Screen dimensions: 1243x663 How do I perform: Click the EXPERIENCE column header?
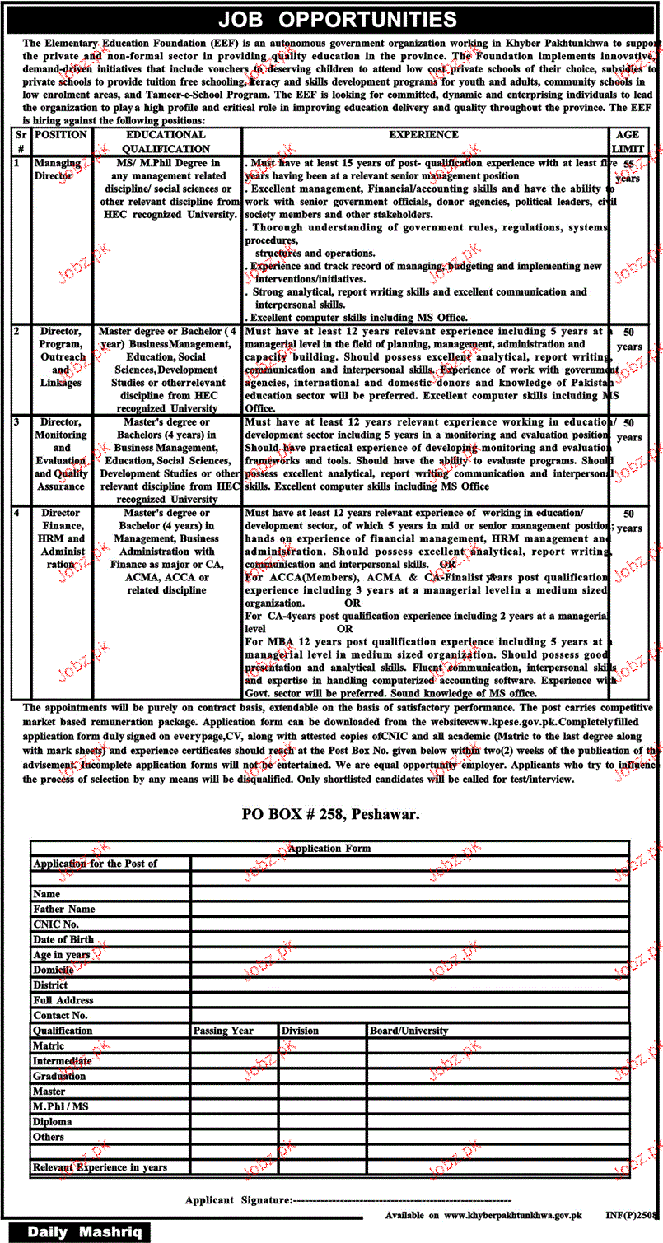(426, 135)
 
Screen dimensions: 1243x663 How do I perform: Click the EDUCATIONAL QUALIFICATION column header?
(166, 142)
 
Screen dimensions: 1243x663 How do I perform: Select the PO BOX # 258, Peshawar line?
(331, 814)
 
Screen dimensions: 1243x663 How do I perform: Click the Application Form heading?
(329, 848)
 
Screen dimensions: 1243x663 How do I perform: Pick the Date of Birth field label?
(63, 939)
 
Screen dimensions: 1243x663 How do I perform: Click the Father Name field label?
(64, 909)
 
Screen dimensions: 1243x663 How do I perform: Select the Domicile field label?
(54, 970)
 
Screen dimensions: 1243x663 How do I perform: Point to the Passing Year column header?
(223, 1031)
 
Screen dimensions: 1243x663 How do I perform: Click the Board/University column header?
(409, 1031)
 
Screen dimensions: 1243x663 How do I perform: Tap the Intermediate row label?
(63, 1061)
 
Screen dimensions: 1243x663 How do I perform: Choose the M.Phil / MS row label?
(61, 1106)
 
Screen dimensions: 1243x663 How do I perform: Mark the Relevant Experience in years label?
(100, 1167)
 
